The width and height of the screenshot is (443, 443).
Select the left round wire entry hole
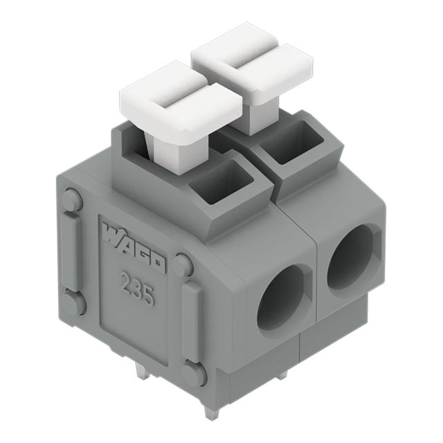(280, 296)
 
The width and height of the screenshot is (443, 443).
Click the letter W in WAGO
(111, 233)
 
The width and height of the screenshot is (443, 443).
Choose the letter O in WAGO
(157, 263)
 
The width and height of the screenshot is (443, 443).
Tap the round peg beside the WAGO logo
(183, 264)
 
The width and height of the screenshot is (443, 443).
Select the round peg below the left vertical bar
(75, 302)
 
